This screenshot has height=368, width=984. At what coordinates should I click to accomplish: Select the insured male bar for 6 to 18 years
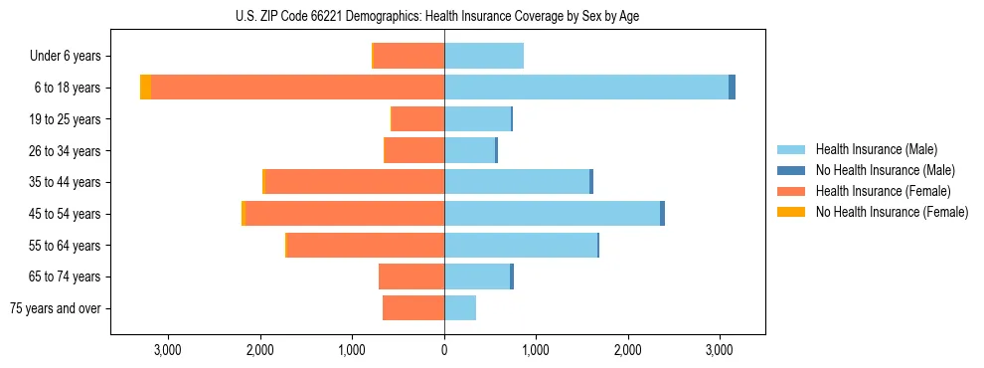coord(586,88)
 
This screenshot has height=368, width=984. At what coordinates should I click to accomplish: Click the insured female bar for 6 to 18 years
coord(298,88)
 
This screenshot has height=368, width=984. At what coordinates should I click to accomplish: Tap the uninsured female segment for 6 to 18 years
coord(145,88)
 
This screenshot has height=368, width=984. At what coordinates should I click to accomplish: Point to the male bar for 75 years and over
coord(460,308)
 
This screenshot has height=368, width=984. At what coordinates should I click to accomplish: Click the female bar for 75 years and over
coord(413,308)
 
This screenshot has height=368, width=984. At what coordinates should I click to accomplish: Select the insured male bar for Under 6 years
coord(484,56)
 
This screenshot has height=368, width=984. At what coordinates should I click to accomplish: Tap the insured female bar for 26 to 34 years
coord(414,150)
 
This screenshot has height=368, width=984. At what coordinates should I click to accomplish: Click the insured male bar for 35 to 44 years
coord(517,182)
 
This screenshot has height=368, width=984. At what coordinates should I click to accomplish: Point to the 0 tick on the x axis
coord(444,350)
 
